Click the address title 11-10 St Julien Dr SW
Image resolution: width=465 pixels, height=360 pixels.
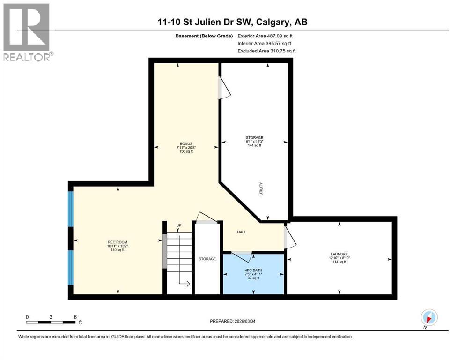(x=232, y=22)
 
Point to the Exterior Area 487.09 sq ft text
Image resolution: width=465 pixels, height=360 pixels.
(x=266, y=36)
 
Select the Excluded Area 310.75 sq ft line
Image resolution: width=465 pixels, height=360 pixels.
(x=266, y=51)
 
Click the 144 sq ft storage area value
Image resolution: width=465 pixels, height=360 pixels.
(x=255, y=146)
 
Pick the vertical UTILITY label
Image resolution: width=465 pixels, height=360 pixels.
(x=261, y=189)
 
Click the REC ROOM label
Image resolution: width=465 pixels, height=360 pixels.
(x=117, y=242)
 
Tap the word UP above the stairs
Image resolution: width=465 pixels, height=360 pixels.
(x=179, y=226)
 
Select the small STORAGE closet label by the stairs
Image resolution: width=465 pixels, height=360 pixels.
(x=207, y=259)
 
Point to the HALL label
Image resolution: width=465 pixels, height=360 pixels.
(x=241, y=232)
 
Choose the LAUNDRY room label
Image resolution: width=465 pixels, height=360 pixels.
(x=338, y=254)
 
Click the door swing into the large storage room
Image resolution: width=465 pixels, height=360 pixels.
(x=225, y=89)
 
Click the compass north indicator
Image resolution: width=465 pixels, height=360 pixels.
(x=428, y=317)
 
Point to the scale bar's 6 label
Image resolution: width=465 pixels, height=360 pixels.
(x=75, y=316)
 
